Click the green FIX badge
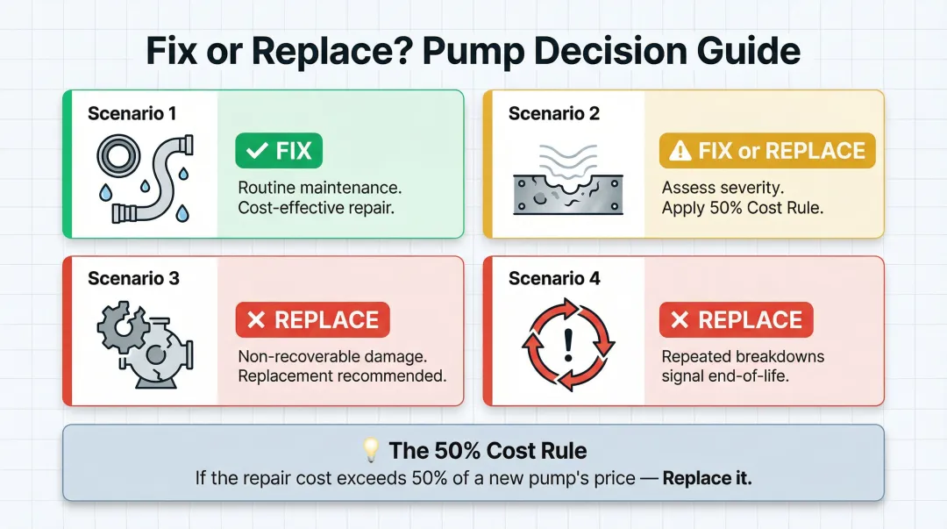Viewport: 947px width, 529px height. [279, 151]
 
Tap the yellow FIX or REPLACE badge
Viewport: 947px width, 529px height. [766, 151]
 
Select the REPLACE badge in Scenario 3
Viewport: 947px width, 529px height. [313, 320]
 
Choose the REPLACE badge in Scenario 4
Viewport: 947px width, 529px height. [736, 320]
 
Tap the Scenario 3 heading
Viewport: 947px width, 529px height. [134, 279]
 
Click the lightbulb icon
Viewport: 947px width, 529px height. [372, 451]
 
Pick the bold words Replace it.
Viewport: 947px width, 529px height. [707, 479]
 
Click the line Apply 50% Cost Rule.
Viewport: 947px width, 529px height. [741, 208]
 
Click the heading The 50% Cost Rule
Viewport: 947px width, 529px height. [488, 451]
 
